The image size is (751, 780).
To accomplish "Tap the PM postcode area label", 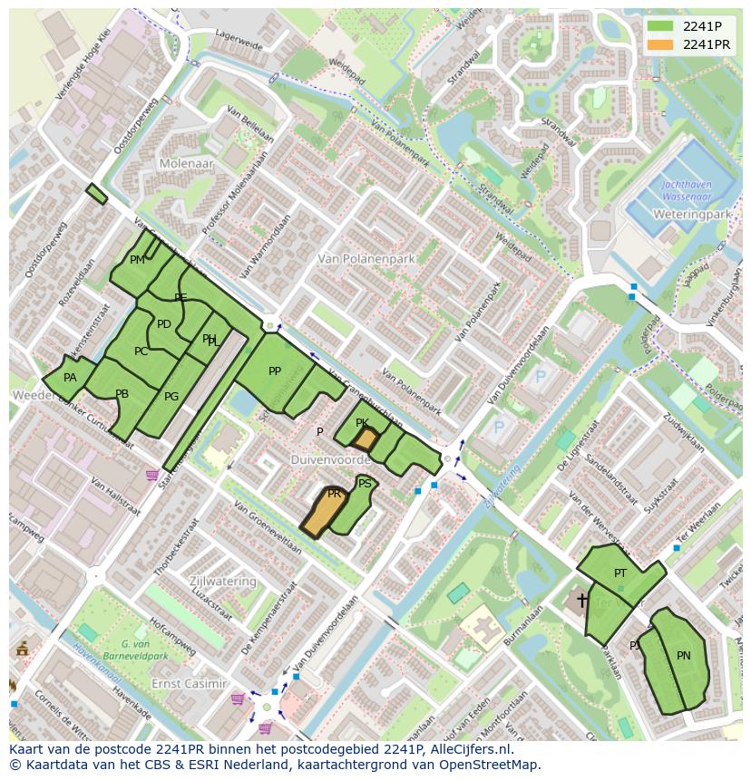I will pos(137,260).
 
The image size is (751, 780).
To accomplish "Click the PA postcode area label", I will pos(70,378).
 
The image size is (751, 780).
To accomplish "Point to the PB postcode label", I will pos(122,393).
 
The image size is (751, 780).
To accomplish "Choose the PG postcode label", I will pos(171,396).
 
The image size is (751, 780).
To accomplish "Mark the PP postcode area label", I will pos(275,371).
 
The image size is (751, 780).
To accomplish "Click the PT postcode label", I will pos(620,573).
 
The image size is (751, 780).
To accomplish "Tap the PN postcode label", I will pos(683,655).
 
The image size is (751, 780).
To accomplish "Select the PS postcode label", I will pos(365,484).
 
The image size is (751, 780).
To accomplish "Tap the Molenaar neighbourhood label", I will pos(185,164).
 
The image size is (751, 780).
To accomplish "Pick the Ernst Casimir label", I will pos(189,682).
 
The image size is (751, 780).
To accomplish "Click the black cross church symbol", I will pos(581,600).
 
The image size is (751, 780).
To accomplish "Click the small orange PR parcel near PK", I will pos(365,440).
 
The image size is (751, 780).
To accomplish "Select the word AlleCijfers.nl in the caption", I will pos(470,749).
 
